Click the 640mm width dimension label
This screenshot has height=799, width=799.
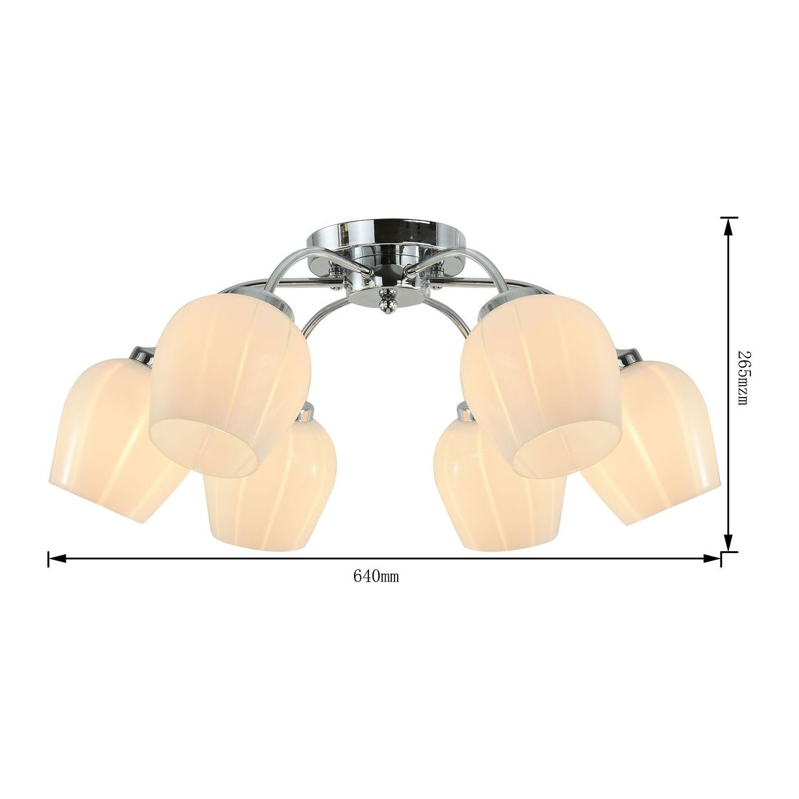[x=376, y=576]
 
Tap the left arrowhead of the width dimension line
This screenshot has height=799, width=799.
[x=57, y=559]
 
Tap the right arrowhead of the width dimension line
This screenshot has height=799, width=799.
[x=712, y=559]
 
